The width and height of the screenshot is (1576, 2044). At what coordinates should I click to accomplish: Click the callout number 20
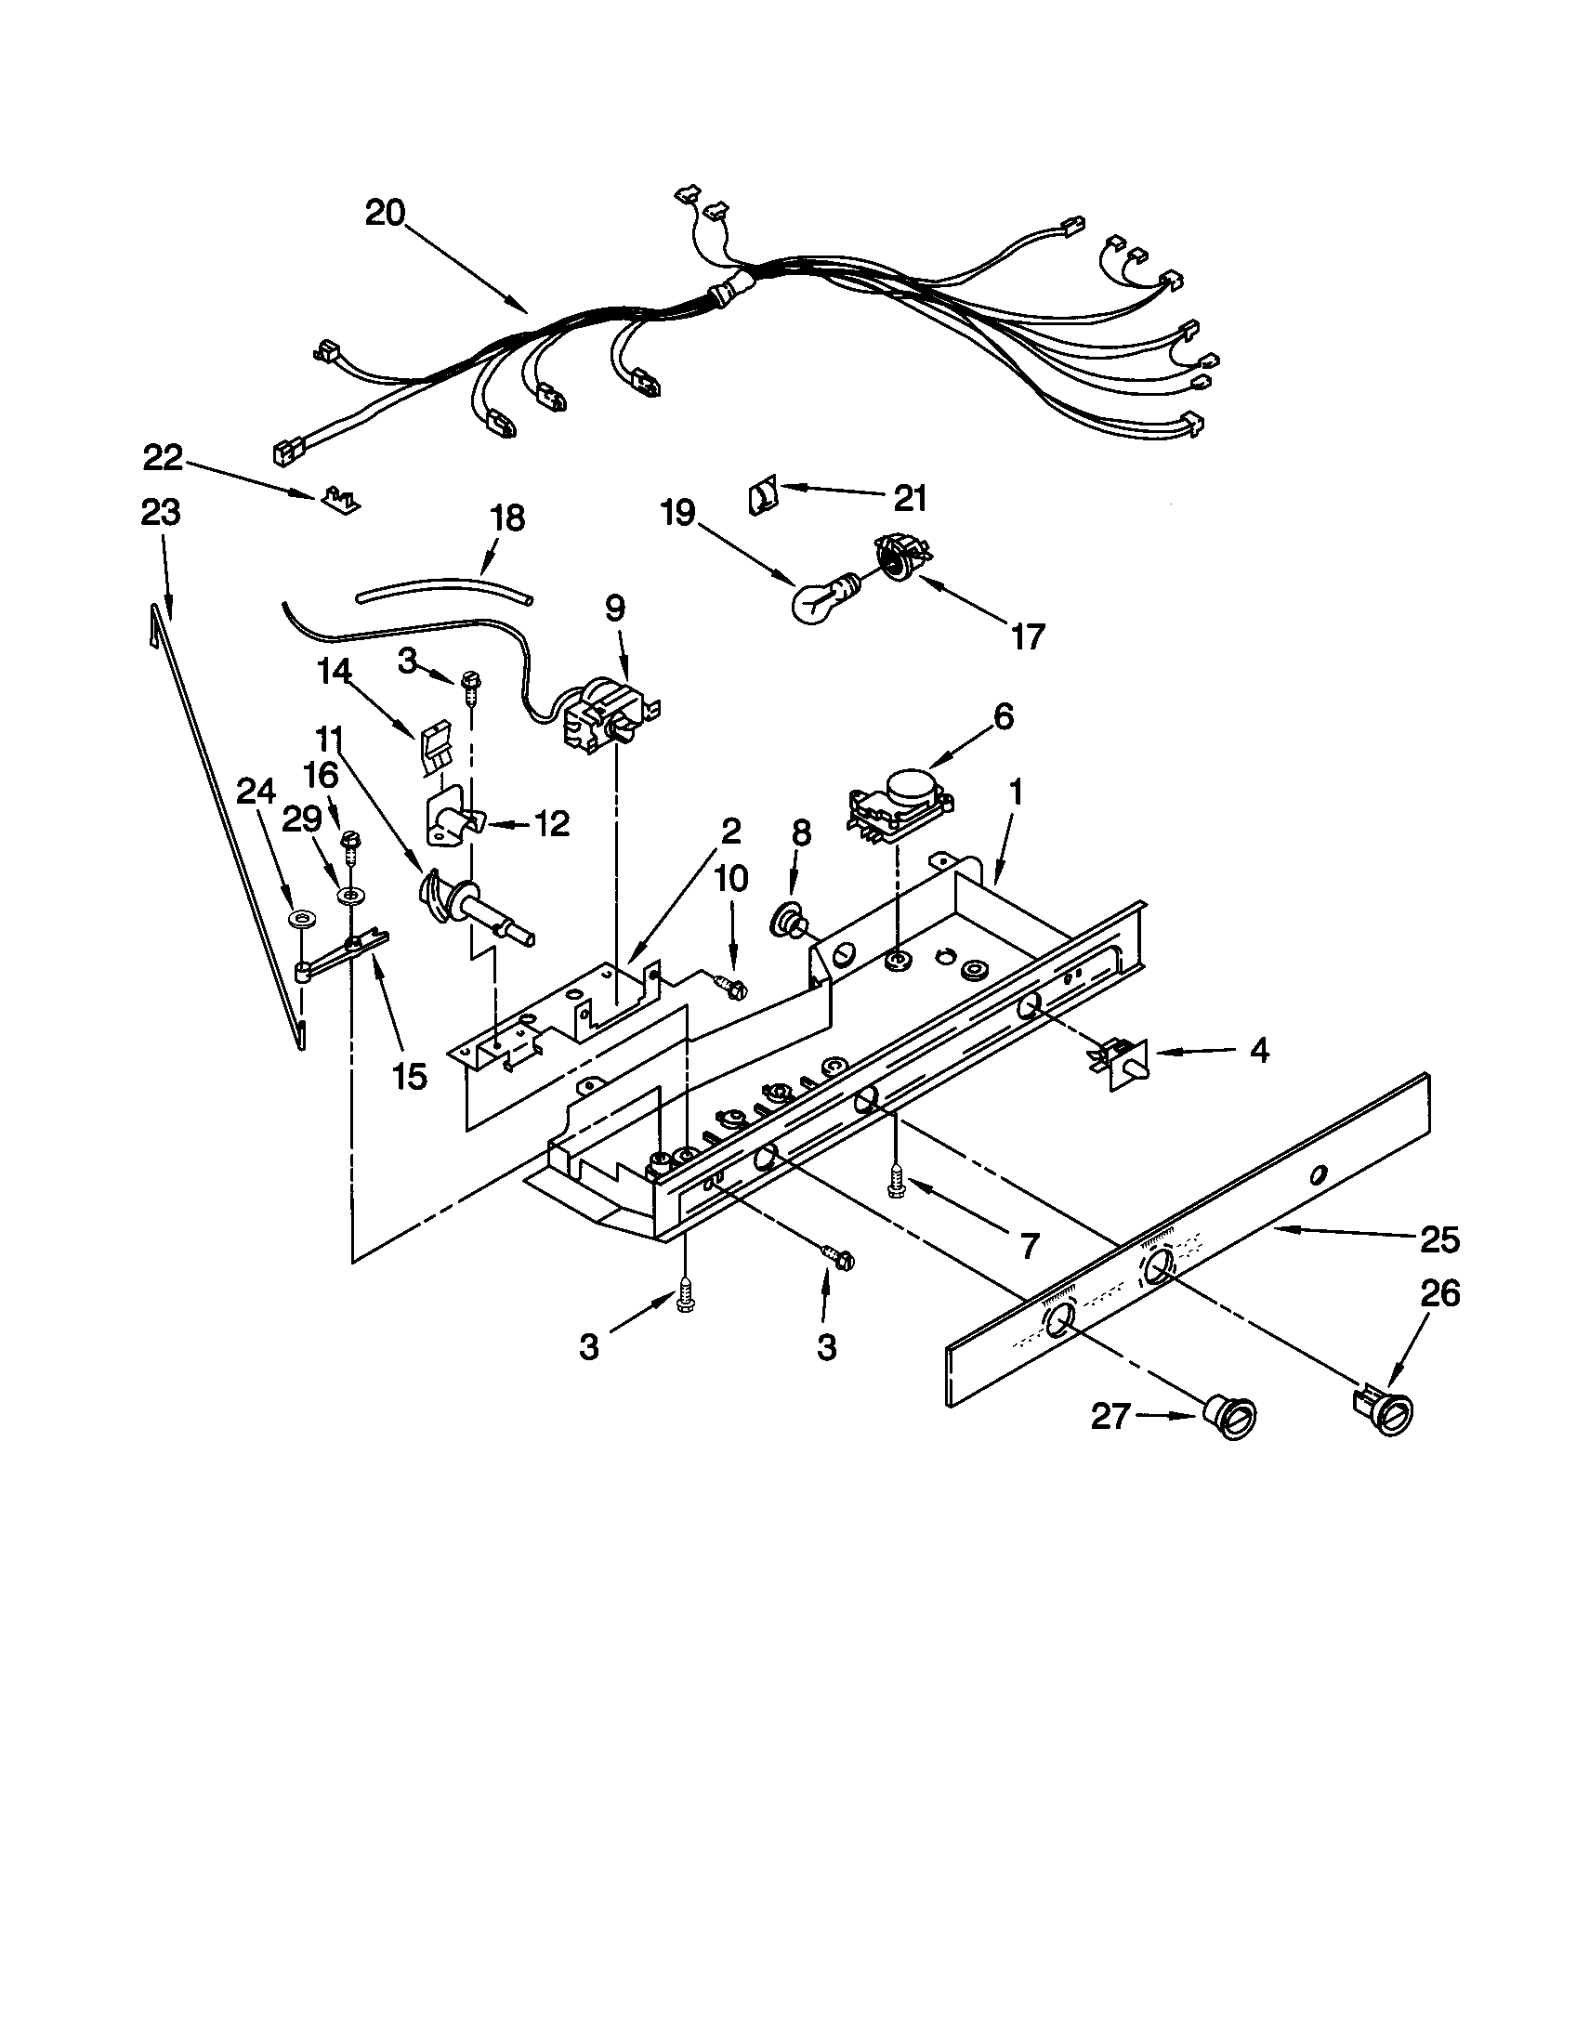pos(385,214)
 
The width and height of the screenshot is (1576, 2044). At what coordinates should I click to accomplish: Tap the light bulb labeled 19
pos(819,596)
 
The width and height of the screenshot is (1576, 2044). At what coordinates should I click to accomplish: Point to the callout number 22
pos(163,458)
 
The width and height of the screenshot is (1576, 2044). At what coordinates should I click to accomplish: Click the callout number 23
pos(160,513)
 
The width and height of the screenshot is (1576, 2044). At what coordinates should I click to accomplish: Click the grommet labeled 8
pos(786,921)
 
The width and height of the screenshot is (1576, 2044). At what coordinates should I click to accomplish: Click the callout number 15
pos(410,1076)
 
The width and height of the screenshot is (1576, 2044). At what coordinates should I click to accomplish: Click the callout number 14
pos(336,671)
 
